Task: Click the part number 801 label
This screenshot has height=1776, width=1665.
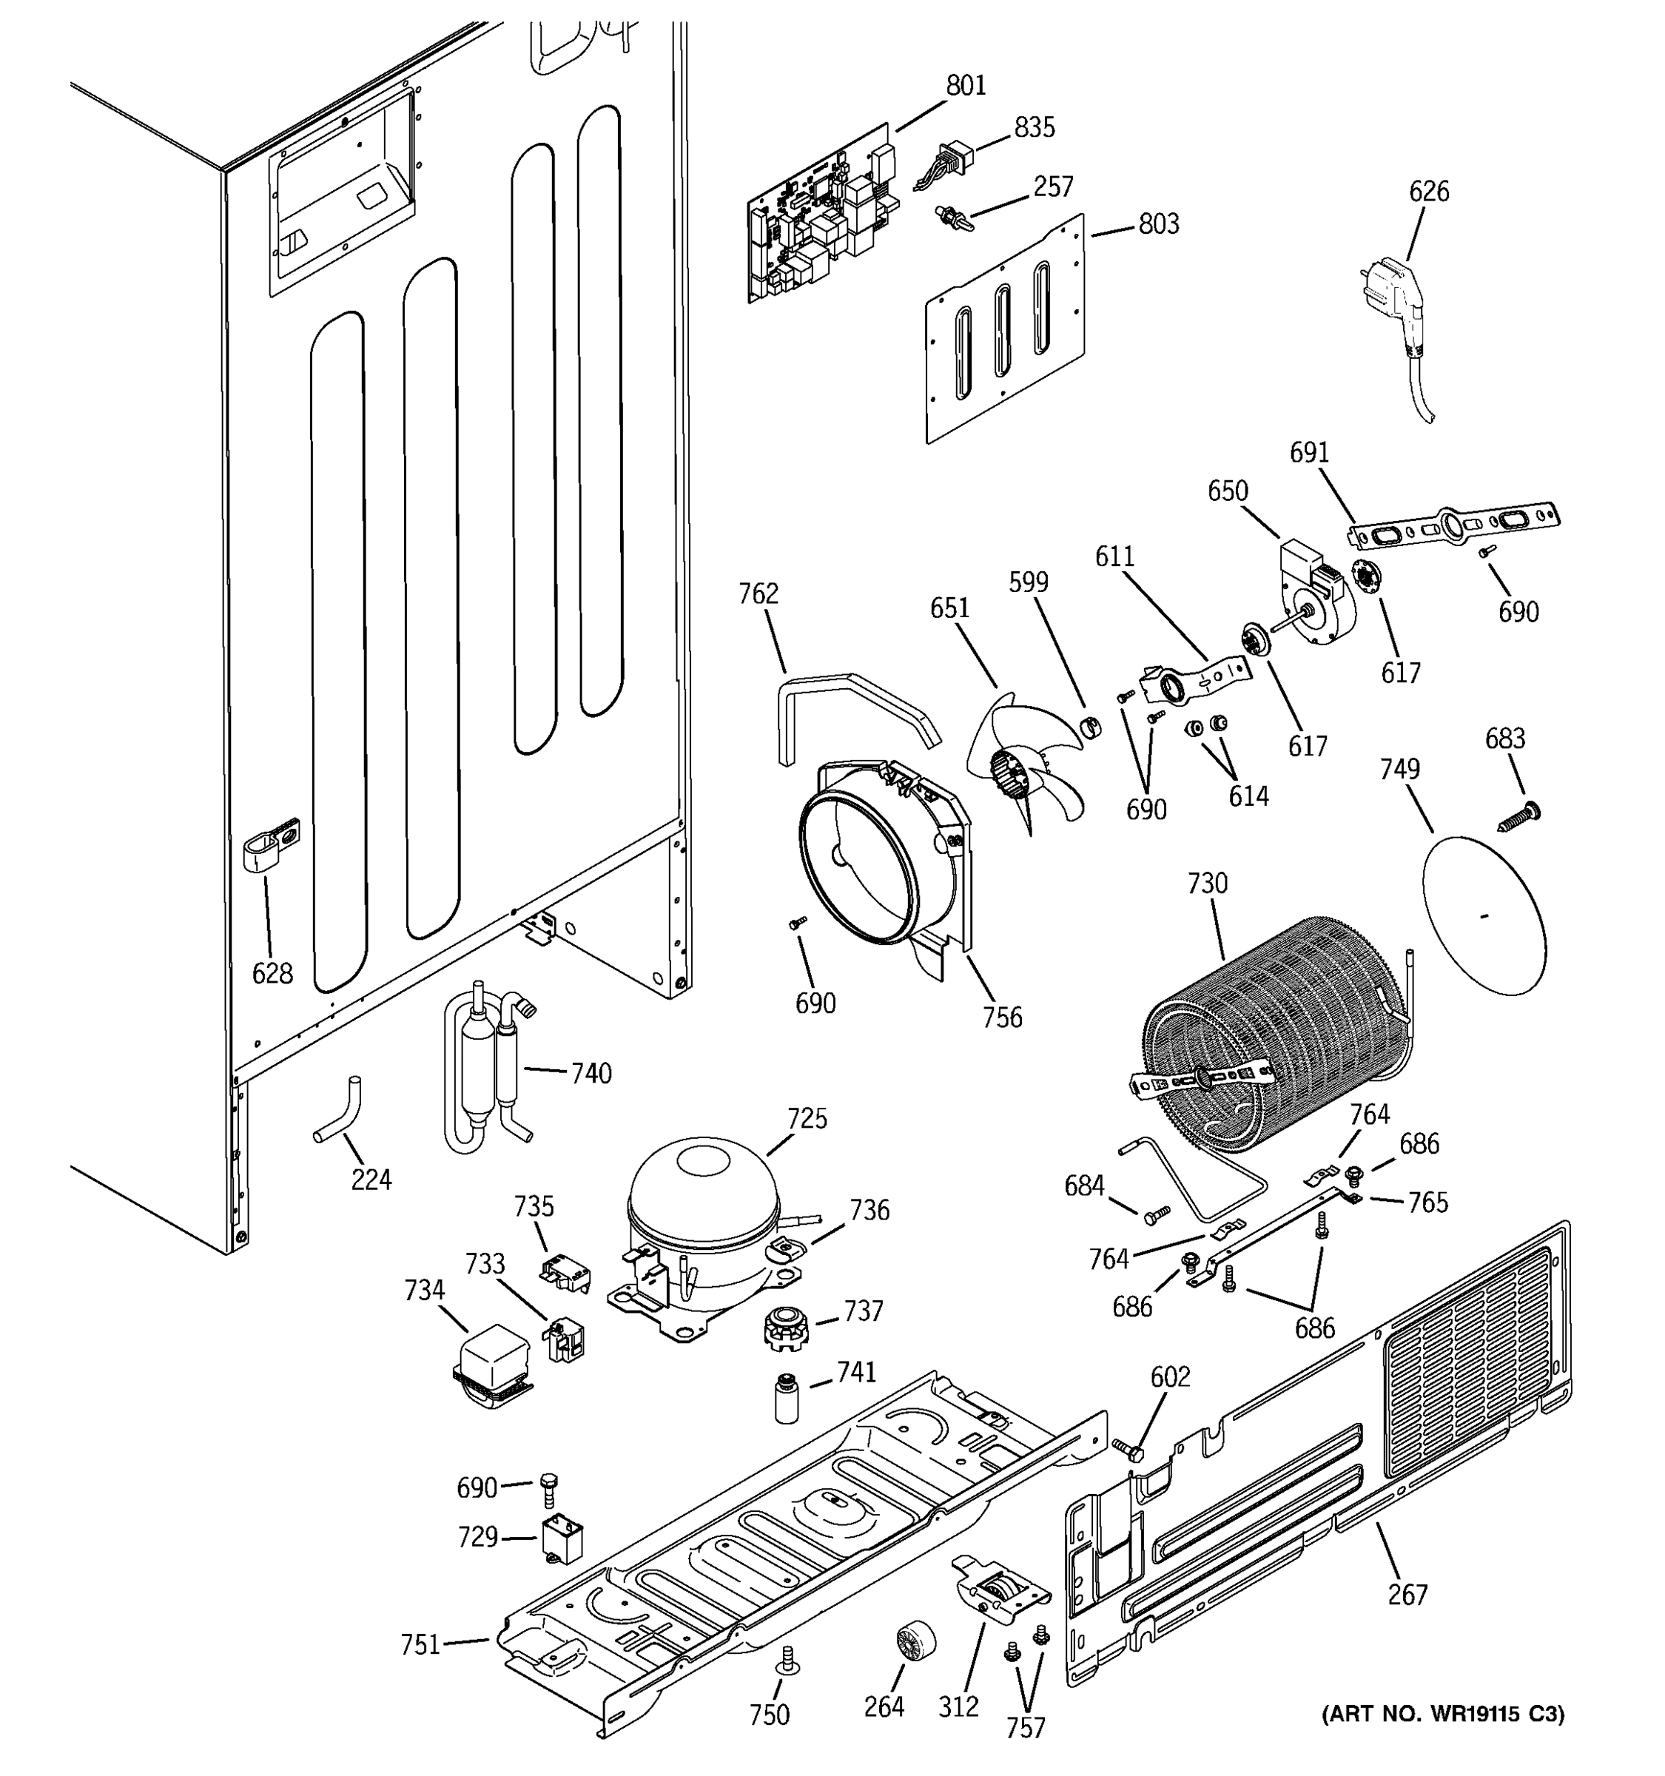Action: coord(966,86)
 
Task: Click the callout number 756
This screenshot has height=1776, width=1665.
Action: coord(1002,1017)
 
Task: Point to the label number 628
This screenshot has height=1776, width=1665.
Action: coord(272,973)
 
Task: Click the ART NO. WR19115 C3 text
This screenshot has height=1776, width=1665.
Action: coord(1442,1715)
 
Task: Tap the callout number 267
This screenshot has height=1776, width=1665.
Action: coord(1407,1595)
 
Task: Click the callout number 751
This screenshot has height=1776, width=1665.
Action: coord(420,1644)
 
